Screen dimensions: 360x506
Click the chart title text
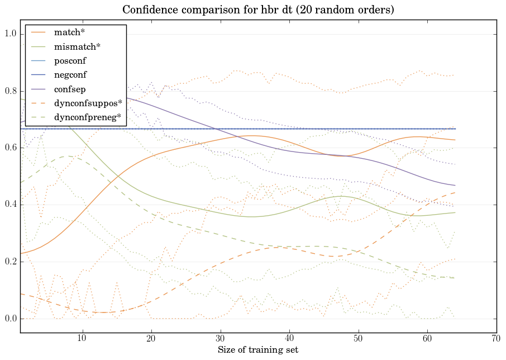pos(257,10)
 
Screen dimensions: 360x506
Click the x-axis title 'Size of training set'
pos(257,350)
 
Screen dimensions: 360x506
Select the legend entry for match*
pos(69,33)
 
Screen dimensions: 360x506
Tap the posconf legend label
pos(70,60)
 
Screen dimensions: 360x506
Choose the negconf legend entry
pos(70,74)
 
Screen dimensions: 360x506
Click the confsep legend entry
pos(70,88)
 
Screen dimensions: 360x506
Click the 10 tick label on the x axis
pos(82,339)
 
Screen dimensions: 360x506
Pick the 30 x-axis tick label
pos(220,339)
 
